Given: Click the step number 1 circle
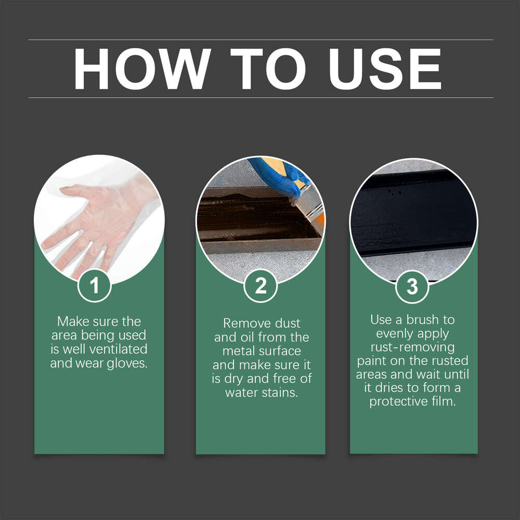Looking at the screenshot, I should click(95, 286).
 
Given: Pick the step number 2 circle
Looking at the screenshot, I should click(260, 286).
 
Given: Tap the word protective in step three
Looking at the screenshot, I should click(395, 402).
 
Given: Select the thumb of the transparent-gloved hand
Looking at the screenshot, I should click(73, 191).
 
